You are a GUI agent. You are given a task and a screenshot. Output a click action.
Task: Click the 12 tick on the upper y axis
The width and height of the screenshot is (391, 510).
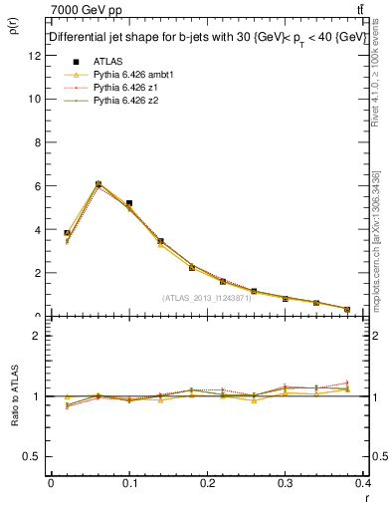click(36, 56)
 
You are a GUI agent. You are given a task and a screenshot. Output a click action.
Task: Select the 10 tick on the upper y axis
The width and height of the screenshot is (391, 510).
click(36, 99)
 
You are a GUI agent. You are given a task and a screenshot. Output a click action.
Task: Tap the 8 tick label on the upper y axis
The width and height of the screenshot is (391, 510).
click(38, 142)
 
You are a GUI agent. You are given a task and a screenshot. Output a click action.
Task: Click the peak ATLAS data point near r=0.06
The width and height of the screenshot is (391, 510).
click(98, 184)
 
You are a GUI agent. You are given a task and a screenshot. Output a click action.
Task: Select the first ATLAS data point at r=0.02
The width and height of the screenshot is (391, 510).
click(67, 233)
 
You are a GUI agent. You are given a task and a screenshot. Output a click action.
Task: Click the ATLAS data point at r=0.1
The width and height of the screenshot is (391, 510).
click(129, 203)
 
